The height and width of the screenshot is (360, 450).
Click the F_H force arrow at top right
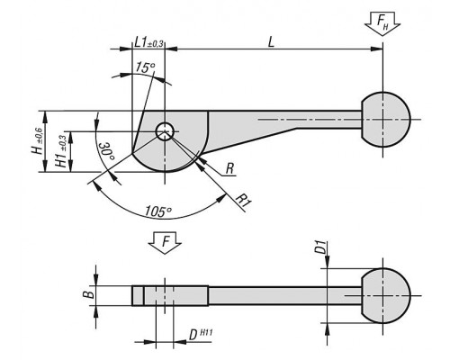(382, 24)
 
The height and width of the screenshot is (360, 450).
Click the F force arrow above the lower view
(165, 243)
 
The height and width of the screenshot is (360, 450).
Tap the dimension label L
(271, 42)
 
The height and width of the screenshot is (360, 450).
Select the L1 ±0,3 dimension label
(148, 42)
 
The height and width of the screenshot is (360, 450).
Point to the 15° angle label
(145, 67)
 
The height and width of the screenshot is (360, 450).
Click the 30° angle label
(107, 151)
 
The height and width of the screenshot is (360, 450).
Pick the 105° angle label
(158, 211)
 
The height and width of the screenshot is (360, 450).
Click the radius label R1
(244, 201)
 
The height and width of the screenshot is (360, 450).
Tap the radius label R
(229, 168)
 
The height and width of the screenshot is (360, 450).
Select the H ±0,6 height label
(38, 140)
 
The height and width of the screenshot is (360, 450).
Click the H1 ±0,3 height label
(61, 150)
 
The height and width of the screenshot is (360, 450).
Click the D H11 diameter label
(201, 334)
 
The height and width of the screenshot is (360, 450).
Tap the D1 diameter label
(321, 247)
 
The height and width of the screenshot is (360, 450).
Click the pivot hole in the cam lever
(165, 131)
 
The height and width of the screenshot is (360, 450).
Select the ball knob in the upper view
(386, 120)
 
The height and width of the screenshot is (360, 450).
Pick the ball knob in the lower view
(386, 295)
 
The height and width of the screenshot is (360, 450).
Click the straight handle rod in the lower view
(285, 296)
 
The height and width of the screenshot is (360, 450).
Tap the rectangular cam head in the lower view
(170, 296)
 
